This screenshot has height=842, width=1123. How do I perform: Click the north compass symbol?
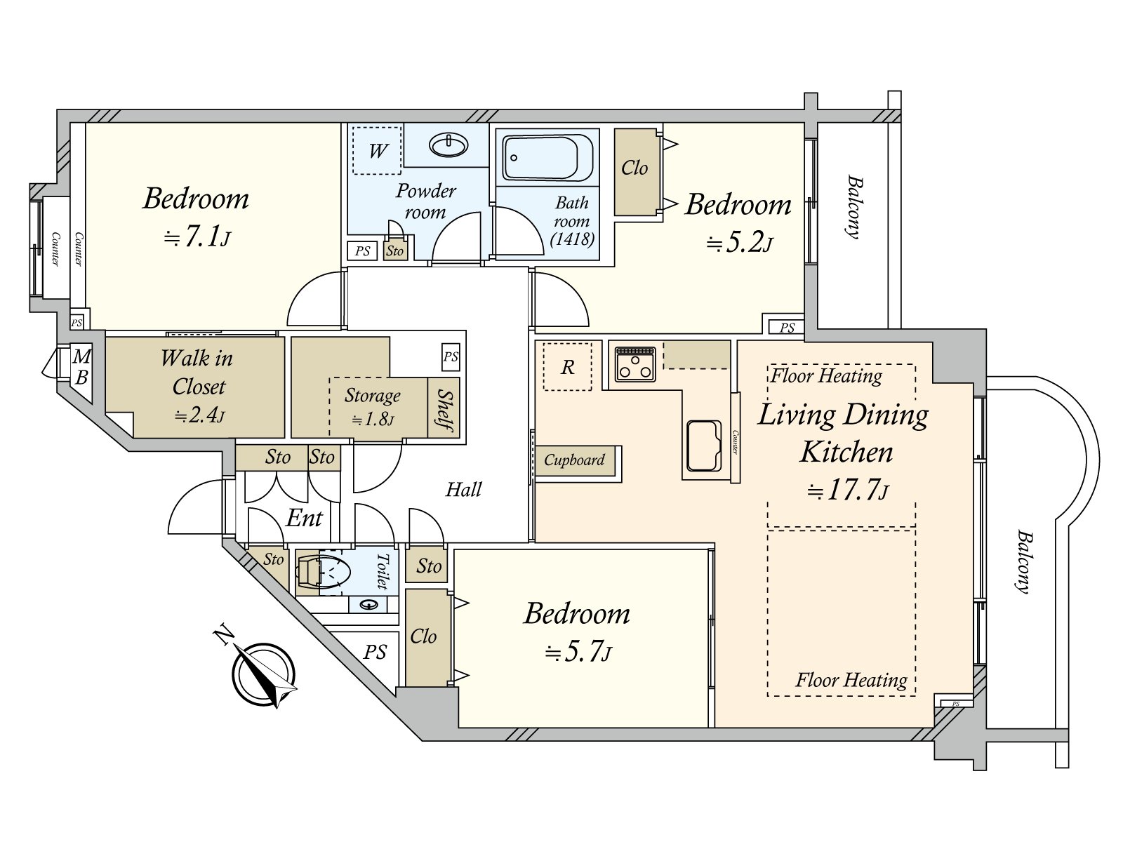pos(263,674)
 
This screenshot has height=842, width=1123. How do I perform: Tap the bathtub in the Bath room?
pos(547,157)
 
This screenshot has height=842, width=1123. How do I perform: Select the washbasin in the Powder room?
pos(448,145)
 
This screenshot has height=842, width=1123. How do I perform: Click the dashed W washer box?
pos(376,151)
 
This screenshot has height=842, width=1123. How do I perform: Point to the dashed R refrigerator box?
pos(567,366)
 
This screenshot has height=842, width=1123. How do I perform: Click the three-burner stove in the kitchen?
pos(635,364)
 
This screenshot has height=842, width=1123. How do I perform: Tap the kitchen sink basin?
pos(704,446)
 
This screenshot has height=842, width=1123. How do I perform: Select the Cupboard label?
pos(574,460)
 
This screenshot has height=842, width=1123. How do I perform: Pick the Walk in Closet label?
pos(197,372)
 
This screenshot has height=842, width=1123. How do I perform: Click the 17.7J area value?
pos(847,490)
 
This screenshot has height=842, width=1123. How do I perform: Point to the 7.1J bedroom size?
pos(197,237)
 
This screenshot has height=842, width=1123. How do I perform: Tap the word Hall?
pos(463,490)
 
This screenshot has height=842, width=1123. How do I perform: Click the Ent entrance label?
pos(304,518)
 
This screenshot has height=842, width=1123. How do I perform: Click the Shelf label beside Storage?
pos(444,410)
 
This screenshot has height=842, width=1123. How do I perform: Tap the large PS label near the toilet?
pos(375,653)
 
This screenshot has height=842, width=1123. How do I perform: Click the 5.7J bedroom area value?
pos(578,653)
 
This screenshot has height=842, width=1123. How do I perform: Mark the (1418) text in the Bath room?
pos(572,239)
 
